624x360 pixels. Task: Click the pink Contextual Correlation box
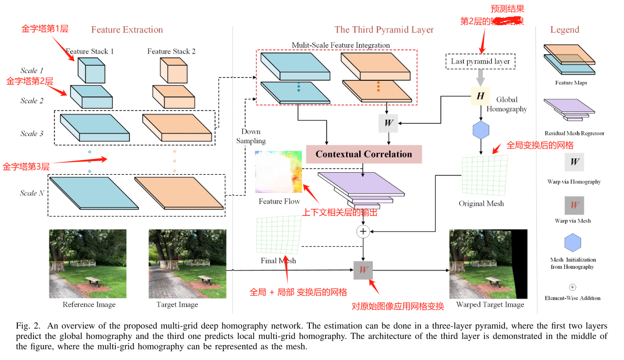pyautogui.click(x=364, y=154)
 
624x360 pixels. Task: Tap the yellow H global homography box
pyautogui.click(x=480, y=96)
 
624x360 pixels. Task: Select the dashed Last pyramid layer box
pyautogui.click(x=480, y=62)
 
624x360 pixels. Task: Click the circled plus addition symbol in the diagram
pyautogui.click(x=363, y=231)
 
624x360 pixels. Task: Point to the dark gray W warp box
pyautogui.click(x=363, y=271)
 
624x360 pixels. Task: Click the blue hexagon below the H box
pyautogui.click(x=481, y=130)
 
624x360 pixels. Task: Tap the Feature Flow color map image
pyautogui.click(x=278, y=173)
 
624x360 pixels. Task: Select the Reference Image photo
pyautogui.click(x=88, y=264)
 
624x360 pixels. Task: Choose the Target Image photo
pyautogui.click(x=177, y=264)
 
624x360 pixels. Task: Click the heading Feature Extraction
pyautogui.click(x=127, y=30)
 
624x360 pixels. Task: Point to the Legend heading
pyautogui.click(x=565, y=30)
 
